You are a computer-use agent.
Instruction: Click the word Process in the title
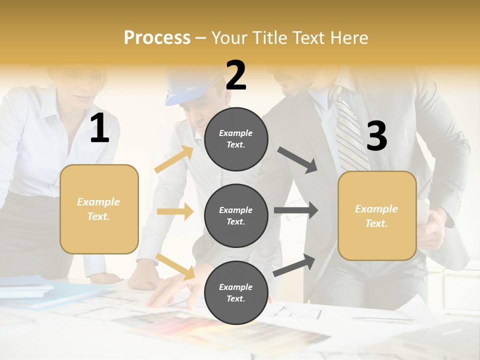157,37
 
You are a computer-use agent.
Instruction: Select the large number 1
99,128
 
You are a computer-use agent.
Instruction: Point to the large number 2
236,75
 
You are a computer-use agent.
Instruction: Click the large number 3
376,136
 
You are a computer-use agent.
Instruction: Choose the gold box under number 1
99,209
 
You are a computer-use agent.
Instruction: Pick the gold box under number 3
377,216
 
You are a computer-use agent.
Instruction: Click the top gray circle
236,139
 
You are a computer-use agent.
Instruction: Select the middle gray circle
236,215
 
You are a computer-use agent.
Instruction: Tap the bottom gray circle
236,292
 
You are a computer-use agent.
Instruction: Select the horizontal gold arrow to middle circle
175,211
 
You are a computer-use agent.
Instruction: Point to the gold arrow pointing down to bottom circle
175,266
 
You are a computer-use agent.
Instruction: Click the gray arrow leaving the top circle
297,160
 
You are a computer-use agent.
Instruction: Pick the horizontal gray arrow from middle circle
295,210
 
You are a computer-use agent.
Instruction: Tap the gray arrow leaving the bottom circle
294,265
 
